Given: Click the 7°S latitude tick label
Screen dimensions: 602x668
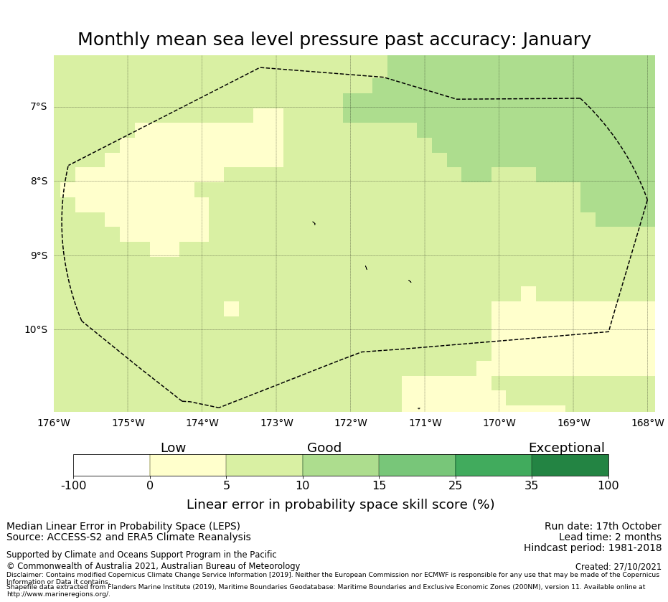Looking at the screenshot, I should [x=38, y=107].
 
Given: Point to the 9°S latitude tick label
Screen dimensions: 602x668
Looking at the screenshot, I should [x=38, y=255].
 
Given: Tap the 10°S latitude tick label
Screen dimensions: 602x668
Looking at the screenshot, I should [x=35, y=330].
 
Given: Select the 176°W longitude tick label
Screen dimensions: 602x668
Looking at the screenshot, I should [x=54, y=423].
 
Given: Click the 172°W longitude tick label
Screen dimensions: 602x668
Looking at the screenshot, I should [x=351, y=423].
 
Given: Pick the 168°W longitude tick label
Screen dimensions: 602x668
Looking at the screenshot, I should [x=647, y=423].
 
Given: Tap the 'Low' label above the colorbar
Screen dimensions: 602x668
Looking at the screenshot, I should [x=173, y=448].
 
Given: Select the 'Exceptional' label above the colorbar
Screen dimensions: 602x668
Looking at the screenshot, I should [x=566, y=448].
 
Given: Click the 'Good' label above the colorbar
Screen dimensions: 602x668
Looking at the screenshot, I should [x=324, y=448].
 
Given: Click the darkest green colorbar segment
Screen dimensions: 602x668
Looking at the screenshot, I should [x=570, y=466].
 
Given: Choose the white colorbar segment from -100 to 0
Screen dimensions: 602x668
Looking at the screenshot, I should [x=111, y=466].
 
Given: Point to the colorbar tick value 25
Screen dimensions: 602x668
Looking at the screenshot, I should [x=455, y=486].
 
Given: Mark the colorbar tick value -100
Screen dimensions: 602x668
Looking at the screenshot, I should [x=73, y=486].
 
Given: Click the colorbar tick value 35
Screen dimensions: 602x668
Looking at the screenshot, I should [x=532, y=486].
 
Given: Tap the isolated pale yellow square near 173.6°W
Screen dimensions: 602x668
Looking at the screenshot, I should [x=231, y=309].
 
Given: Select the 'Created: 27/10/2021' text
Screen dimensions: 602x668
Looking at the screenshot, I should [x=618, y=567].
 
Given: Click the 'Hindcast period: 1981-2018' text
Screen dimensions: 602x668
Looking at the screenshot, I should [x=593, y=548].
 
